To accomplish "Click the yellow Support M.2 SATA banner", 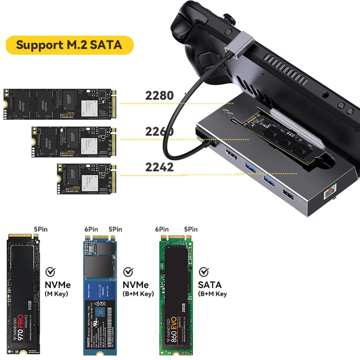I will click(x=69, y=45).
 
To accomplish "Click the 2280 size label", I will click(x=159, y=95).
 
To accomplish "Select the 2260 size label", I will click(x=159, y=131).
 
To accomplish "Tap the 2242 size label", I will click(x=159, y=167).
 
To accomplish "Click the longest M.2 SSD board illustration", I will click(x=60, y=104).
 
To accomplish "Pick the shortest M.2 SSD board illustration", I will click(x=86, y=179).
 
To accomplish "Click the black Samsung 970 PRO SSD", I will click(x=23, y=294).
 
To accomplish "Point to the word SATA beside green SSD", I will click(x=210, y=285).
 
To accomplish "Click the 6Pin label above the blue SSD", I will click(x=91, y=229).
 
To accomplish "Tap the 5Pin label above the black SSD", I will click(x=41, y=229).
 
